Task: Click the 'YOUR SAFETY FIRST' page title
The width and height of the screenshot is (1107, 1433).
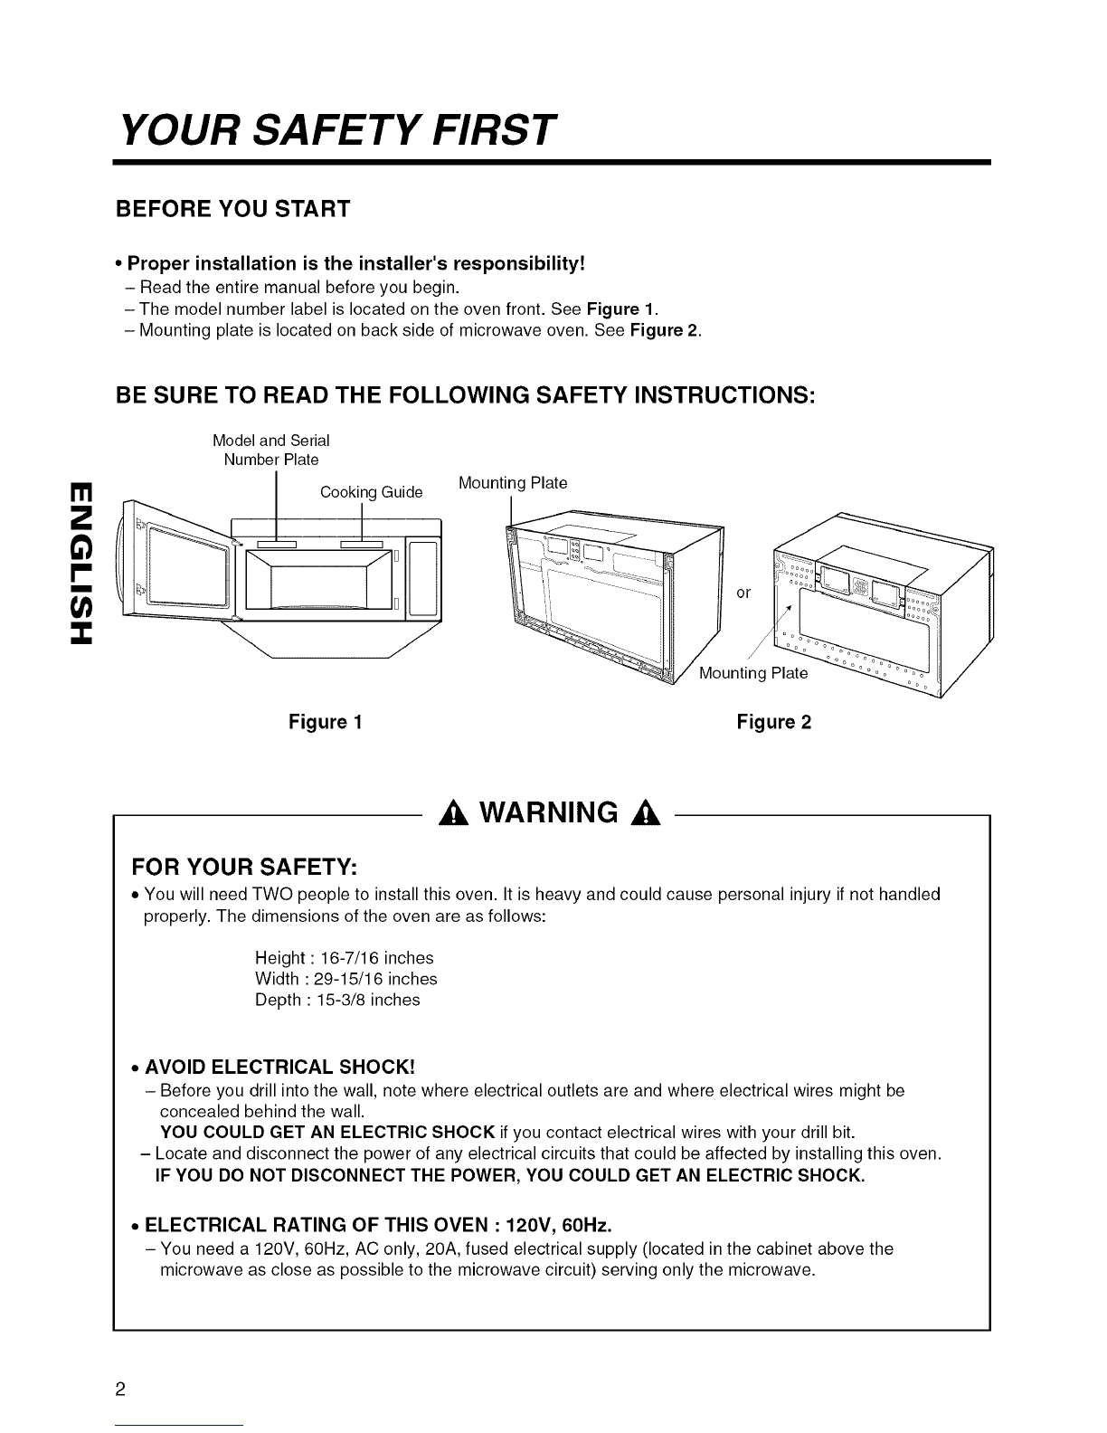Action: click(x=337, y=129)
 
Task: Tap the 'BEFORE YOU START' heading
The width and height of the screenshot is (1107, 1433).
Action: click(x=232, y=209)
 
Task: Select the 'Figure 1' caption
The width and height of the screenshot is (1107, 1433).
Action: click(x=326, y=722)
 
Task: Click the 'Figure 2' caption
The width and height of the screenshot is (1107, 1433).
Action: click(x=774, y=722)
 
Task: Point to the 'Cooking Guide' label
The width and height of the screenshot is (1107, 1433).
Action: click(x=371, y=493)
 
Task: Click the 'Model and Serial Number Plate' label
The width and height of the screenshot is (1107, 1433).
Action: click(x=271, y=450)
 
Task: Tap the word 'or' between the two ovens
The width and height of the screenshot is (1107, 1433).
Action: click(x=743, y=593)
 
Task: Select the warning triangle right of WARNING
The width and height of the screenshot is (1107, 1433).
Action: click(x=645, y=815)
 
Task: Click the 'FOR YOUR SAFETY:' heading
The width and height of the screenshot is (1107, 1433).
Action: click(x=244, y=868)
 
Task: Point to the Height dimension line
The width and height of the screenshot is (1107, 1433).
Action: click(x=345, y=957)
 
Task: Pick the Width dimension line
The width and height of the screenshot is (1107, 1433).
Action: click(x=346, y=979)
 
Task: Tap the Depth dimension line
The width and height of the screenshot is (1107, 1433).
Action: click(x=337, y=1000)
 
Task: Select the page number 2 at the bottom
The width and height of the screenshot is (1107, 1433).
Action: click(x=120, y=1390)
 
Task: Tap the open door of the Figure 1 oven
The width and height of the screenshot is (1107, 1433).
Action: click(x=178, y=561)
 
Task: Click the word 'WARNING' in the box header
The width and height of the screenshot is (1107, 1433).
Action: click(x=549, y=813)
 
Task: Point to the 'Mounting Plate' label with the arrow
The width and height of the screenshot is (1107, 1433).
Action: click(x=753, y=673)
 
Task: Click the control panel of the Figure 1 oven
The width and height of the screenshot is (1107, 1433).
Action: click(x=423, y=579)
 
